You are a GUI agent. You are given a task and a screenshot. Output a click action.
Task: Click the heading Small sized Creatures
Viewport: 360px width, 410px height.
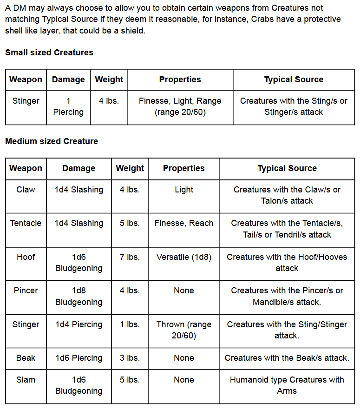coord(49,53)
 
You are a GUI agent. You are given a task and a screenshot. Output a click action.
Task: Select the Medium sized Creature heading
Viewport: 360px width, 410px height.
coord(52,141)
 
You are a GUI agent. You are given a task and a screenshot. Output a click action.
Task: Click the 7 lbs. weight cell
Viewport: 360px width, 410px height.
coord(130,257)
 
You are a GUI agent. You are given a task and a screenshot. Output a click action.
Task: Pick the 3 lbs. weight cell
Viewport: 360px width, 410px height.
coord(130,358)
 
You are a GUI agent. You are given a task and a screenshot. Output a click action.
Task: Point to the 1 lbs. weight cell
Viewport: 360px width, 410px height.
coord(130,324)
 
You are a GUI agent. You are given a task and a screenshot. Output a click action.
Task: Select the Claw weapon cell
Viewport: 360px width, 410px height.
coord(26,190)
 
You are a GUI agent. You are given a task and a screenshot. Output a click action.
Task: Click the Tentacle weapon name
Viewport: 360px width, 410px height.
coord(26,223)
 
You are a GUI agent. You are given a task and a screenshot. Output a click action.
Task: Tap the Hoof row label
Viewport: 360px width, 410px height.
coord(26,257)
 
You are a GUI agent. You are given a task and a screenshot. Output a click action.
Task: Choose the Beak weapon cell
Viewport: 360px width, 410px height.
coord(26,358)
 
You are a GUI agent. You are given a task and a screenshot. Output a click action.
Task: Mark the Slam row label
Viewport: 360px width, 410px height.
coord(26,380)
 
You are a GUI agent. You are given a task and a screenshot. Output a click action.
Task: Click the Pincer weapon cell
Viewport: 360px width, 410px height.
coord(26,291)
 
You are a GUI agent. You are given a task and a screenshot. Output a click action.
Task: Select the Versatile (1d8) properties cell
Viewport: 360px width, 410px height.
coord(184,257)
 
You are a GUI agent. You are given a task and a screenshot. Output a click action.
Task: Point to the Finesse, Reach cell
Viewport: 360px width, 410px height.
coord(184,223)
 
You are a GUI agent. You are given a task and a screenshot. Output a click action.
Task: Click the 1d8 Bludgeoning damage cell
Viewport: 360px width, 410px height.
coord(79,296)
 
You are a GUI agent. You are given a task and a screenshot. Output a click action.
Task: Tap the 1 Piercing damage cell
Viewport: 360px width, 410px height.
coord(68,106)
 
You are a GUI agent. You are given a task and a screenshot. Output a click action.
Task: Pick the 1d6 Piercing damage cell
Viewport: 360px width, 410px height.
coord(79,358)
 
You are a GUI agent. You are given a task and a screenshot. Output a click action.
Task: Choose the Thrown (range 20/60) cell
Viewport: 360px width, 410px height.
coord(184,330)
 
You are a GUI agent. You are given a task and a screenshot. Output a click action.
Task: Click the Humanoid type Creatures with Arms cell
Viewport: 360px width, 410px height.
coord(287,385)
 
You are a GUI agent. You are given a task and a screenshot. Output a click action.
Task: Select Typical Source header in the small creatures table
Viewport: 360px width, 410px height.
coord(294,79)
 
